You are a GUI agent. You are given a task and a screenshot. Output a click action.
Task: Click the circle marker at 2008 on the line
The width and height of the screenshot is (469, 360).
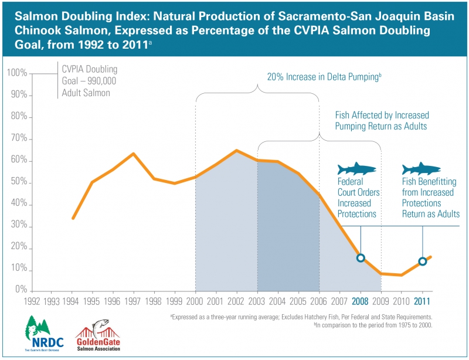tap(361, 258)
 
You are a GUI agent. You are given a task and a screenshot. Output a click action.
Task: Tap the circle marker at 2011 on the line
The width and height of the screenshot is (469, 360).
tap(423, 261)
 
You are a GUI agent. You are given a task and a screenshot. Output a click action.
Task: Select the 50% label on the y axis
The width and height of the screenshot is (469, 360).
tap(18, 182)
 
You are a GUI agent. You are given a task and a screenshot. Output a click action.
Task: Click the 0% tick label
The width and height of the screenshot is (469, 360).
tap(19, 291)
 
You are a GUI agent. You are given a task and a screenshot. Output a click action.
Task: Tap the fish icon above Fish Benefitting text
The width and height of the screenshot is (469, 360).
tap(421, 169)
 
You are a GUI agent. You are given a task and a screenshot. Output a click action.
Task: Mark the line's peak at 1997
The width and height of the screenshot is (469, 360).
tap(134, 154)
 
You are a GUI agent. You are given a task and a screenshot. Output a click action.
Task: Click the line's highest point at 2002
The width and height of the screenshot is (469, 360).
tap(236, 150)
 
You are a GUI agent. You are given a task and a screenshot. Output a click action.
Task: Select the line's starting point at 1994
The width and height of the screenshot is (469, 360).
tap(72, 218)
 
